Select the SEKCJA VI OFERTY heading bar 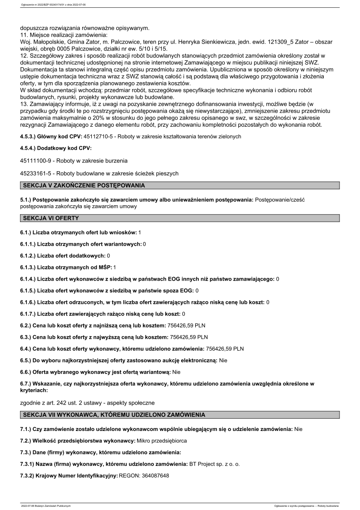50,218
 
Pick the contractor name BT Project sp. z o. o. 214,464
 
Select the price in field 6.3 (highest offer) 189,337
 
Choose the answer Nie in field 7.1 298,429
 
